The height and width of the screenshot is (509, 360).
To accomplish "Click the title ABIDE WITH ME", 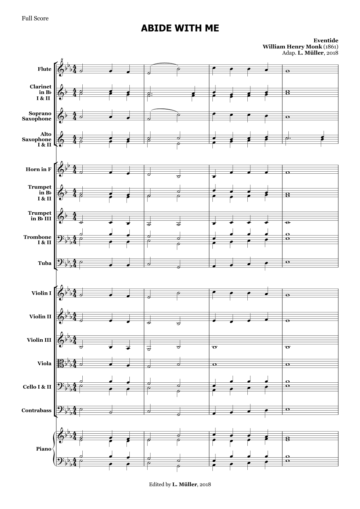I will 180,28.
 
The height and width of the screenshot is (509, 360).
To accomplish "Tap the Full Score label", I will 35,18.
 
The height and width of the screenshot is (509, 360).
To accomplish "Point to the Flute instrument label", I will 44,69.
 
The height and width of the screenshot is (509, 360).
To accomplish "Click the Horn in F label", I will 39,169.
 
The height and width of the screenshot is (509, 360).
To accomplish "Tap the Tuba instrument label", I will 45,263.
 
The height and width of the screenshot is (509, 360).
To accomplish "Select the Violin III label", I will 39,340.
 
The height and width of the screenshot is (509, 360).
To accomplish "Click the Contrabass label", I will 36,411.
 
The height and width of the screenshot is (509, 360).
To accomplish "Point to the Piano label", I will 44,449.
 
